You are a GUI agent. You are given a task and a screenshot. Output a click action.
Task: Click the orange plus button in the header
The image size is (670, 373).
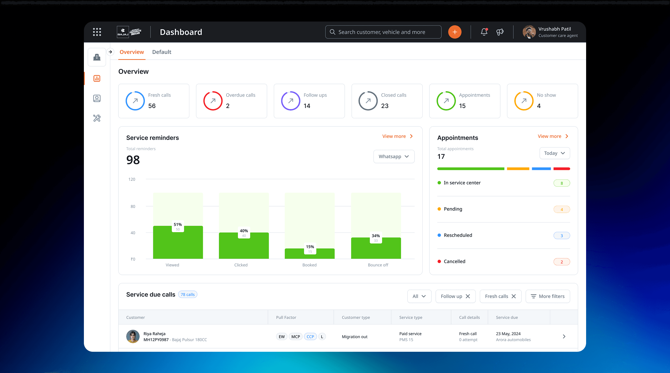[x=455, y=32]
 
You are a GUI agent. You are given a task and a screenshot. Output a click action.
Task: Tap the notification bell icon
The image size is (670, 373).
[x=484, y=32]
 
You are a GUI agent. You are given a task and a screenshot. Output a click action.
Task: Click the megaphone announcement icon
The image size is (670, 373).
[x=500, y=32]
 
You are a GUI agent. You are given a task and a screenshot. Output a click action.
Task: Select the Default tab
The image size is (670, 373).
[x=161, y=52]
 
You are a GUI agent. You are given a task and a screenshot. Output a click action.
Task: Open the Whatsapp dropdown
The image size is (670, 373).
[x=394, y=156]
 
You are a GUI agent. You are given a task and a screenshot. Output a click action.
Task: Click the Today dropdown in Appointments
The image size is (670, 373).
[x=555, y=153]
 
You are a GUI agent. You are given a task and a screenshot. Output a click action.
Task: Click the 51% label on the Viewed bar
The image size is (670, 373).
[x=178, y=225]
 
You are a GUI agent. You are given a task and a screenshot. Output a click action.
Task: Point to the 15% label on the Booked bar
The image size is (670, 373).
[x=310, y=247]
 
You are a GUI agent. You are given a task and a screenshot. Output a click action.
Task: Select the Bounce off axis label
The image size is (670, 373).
[x=378, y=265]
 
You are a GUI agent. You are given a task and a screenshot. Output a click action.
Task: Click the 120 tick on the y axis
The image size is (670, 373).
[x=132, y=179]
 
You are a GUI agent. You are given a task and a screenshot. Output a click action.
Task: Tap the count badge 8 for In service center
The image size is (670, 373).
[x=561, y=183]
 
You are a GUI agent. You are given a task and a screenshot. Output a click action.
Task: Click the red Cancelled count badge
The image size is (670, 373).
[x=561, y=262]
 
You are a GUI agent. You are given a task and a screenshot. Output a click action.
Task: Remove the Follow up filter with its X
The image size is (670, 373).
[x=468, y=296]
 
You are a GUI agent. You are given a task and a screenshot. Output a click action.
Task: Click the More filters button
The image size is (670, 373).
[x=548, y=296]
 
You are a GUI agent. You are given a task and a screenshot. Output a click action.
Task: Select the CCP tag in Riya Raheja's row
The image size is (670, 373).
[x=310, y=337]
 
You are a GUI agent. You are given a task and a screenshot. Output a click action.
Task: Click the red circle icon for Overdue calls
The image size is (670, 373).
[x=213, y=101]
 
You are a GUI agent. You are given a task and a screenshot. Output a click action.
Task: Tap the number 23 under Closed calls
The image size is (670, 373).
[x=385, y=106]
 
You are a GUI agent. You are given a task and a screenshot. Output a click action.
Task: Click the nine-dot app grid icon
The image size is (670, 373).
[x=97, y=32]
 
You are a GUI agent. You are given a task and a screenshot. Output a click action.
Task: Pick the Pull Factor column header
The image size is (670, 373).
[x=286, y=318]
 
